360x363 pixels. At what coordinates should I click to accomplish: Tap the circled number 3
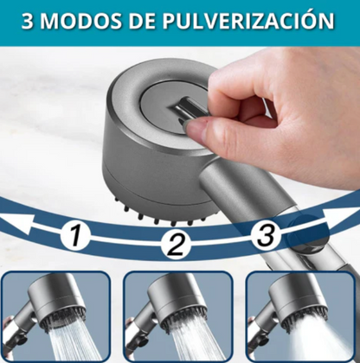[267, 233]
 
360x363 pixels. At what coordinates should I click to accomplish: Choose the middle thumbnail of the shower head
[177, 315]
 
